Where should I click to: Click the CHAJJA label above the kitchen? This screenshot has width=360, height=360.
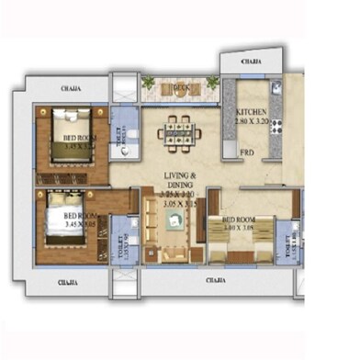tap(251, 62)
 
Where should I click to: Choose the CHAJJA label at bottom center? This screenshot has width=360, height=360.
tap(217, 278)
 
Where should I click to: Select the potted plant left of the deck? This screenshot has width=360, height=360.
tap(149, 84)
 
